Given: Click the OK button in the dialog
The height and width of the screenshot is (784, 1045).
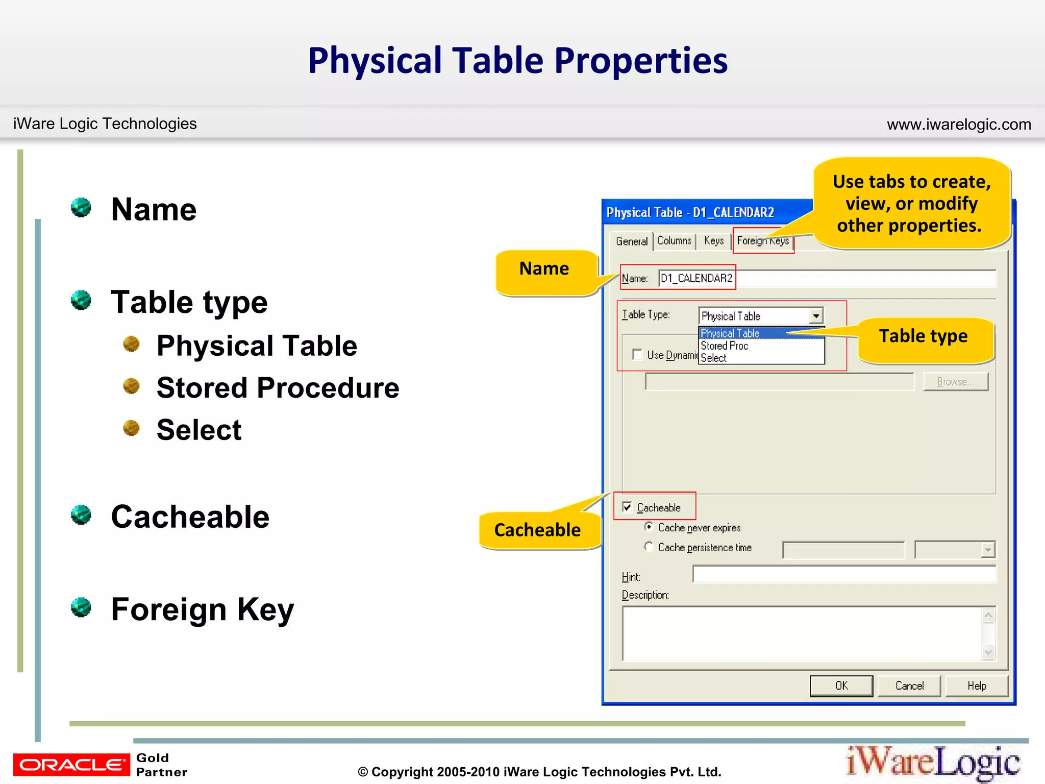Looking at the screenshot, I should [841, 685].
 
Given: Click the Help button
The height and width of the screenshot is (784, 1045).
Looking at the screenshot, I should [977, 685].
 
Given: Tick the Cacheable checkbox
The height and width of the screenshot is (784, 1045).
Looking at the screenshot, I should [627, 507].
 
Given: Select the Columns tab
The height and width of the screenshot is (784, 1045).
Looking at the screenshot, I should [674, 240].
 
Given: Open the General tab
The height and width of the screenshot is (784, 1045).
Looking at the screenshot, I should [631, 241].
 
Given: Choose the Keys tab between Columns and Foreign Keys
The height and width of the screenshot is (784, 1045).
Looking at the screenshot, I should [713, 240].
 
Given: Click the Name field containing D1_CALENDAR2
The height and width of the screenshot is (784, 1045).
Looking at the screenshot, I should [827, 278].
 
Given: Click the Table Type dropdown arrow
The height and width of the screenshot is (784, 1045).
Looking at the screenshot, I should [816, 316].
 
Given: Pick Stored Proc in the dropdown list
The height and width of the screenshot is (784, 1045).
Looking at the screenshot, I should [725, 346].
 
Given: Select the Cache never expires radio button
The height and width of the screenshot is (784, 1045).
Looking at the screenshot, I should [649, 527].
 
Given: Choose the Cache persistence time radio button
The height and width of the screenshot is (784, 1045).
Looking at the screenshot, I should [649, 547].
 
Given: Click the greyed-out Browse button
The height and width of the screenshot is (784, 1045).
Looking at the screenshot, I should [955, 382].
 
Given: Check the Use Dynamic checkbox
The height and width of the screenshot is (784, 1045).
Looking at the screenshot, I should [637, 354].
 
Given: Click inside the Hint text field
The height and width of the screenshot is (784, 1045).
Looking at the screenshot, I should [843, 574].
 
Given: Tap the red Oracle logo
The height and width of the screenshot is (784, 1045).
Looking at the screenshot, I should [71, 764].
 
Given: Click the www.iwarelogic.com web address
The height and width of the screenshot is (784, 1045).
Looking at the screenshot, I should [958, 125].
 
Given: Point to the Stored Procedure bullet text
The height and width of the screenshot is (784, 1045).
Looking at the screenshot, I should [278, 387].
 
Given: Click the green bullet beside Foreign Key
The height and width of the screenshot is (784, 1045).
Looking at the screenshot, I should [81, 607].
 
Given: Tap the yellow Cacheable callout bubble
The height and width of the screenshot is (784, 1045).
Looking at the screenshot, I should [537, 530].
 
